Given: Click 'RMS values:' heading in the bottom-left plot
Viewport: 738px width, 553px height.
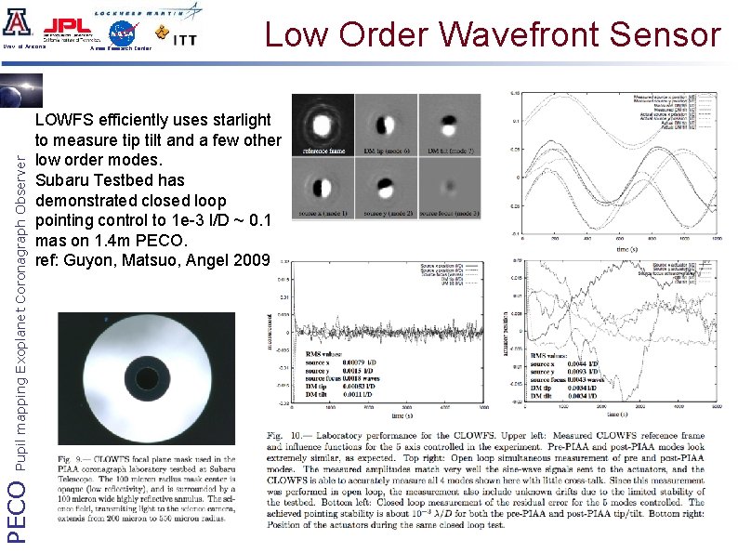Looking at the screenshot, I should click(x=325, y=354).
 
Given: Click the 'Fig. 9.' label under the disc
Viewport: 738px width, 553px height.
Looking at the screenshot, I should click(x=71, y=457).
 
